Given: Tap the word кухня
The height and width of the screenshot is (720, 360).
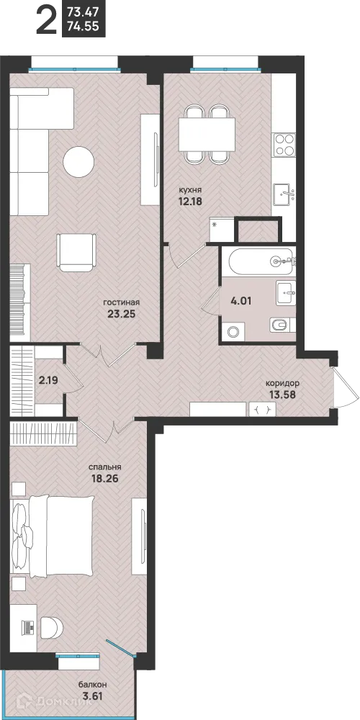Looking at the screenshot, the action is [190, 189].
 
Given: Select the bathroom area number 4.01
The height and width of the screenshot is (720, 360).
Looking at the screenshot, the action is [241, 302].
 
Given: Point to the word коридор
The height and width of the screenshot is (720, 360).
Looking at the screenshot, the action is [283, 383].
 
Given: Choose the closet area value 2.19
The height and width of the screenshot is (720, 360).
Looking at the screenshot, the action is [48, 380].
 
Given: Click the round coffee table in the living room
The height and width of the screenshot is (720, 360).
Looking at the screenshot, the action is [78, 161].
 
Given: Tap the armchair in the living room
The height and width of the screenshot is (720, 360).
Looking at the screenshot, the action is [76, 253].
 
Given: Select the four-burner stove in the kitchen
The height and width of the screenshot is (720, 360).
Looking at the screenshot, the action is [284, 145].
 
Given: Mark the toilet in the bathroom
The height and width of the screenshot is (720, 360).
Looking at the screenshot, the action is [280, 325].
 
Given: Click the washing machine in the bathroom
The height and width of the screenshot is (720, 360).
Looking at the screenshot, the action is [233, 331].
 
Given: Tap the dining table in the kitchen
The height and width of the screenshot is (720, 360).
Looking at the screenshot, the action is [207, 132].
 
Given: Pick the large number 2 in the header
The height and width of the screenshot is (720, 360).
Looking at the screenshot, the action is [46, 20].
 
